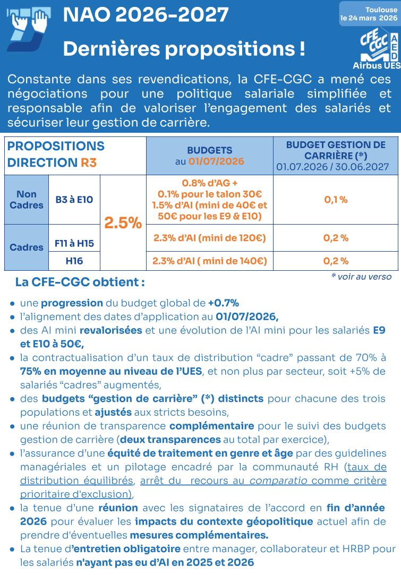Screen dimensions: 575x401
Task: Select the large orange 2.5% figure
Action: (x=123, y=223)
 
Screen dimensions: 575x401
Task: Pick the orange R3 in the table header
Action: (x=89, y=163)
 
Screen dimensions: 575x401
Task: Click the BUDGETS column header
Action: (x=209, y=150)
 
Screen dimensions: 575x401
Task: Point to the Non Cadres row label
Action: (x=27, y=200)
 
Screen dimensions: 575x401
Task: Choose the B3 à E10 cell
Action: (x=74, y=200)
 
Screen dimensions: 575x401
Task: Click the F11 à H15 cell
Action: (x=74, y=244)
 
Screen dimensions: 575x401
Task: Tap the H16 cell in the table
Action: (x=74, y=261)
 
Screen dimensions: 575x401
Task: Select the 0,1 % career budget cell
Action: (x=336, y=200)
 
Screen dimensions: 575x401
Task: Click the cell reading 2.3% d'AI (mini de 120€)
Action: (x=209, y=238)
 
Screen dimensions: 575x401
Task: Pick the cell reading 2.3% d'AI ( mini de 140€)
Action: (x=209, y=261)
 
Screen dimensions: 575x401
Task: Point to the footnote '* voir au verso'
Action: (x=361, y=277)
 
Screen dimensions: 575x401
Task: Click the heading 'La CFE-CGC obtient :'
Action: (x=80, y=282)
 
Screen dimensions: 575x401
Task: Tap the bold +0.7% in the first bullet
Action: (x=223, y=303)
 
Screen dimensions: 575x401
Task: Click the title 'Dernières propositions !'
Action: (x=184, y=49)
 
